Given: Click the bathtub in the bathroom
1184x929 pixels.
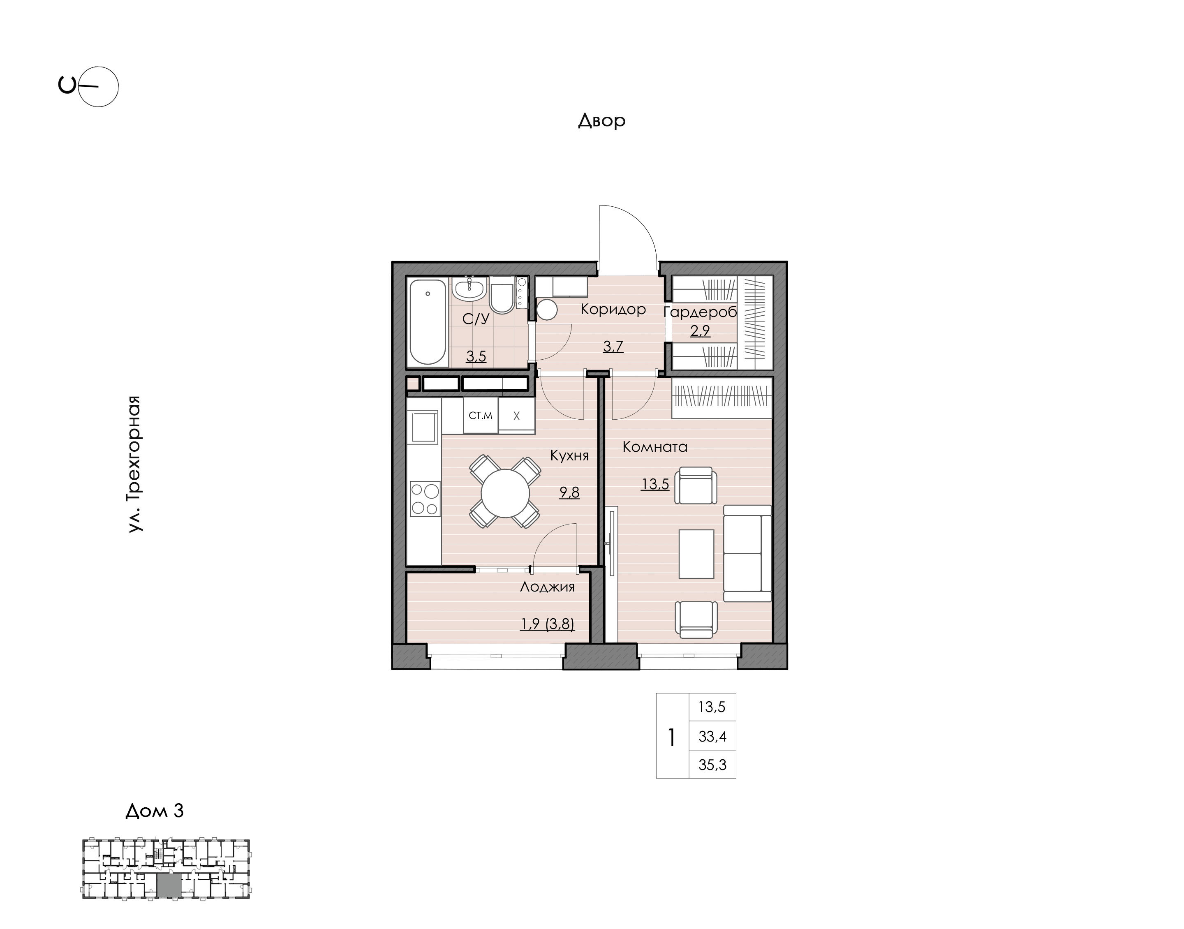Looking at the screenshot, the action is [428, 321].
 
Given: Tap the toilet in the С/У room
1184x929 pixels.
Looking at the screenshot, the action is [502, 295].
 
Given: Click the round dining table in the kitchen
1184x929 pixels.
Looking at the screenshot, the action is [505, 493].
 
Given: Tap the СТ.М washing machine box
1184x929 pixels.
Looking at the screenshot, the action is [481, 416].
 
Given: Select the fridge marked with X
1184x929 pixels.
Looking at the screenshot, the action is [517, 416].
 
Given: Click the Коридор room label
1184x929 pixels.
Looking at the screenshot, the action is [613, 310].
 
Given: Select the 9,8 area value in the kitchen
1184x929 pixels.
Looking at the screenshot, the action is [569, 492].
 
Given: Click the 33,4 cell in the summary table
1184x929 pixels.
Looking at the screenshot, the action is [712, 737].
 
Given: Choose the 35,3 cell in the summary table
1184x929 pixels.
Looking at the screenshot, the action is [712, 765].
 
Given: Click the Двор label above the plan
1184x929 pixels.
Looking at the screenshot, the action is [601, 120].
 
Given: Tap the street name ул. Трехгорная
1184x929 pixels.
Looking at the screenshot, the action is [134, 464].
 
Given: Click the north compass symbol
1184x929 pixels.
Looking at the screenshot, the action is [89, 86].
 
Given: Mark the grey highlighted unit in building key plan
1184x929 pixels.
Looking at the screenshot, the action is [169, 886].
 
